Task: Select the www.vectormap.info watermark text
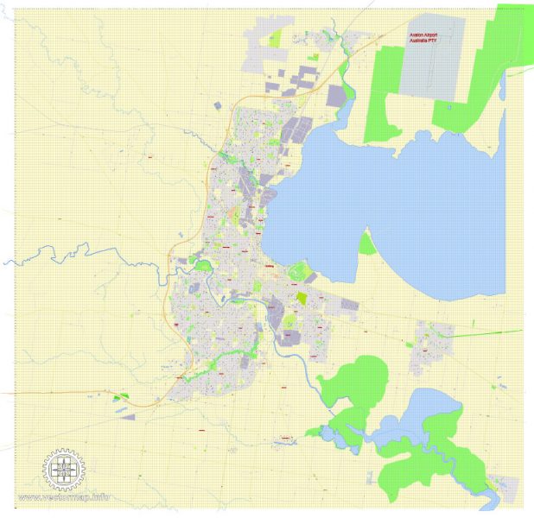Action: pyautogui.click(x=64, y=497)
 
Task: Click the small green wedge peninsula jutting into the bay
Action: pyautogui.click(x=367, y=244)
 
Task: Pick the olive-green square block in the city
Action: pyautogui.click(x=302, y=297)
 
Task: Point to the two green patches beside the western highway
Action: pyautogui.click(x=120, y=397)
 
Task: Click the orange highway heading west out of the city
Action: pyautogui.click(x=69, y=393)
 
